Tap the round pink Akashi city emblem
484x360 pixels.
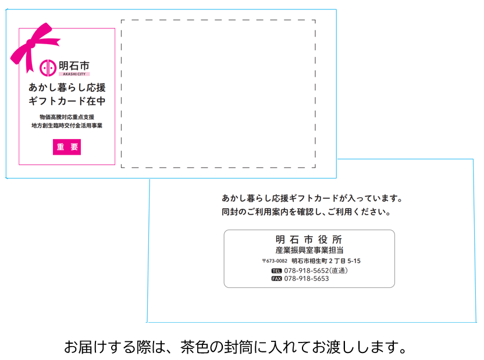(48, 68)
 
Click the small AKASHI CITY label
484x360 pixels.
(74, 74)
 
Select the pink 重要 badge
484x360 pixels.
(67, 147)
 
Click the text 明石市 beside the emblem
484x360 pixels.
(74, 66)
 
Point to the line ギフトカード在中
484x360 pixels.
(67, 101)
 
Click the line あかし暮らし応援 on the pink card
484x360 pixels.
(67, 88)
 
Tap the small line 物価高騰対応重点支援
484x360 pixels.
(67, 117)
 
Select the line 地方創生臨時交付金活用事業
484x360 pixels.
(67, 126)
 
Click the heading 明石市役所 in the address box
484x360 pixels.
(309, 240)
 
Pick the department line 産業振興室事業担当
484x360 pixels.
(309, 250)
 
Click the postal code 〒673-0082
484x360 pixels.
(275, 261)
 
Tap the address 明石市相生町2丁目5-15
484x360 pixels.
(326, 261)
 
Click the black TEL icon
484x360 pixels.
(276, 271)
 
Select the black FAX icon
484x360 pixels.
(276, 279)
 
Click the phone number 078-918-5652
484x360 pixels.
(307, 270)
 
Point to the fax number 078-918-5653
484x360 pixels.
(307, 279)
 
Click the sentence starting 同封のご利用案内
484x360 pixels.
(307, 212)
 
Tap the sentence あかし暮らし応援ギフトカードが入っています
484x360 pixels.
(312, 198)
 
